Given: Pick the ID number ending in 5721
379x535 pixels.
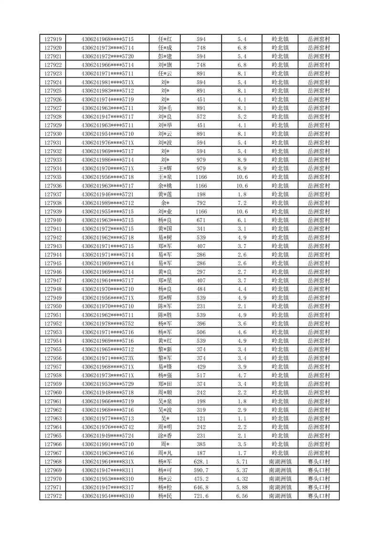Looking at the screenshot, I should coord(107,195).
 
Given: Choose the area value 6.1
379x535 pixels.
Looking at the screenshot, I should coord(242,220).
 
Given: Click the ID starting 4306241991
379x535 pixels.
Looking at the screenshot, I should coord(107,444).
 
